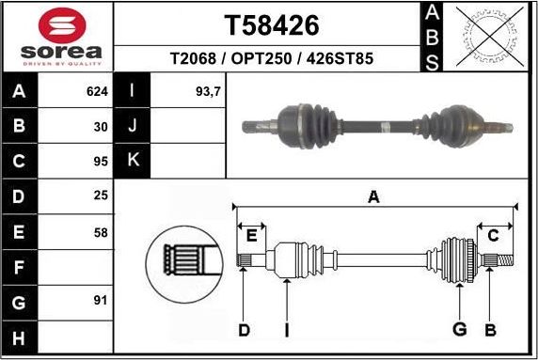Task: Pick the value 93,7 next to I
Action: [x=209, y=92]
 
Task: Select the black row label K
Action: [x=133, y=160]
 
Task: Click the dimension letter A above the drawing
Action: [x=373, y=196]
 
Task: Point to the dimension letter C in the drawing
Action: [x=493, y=236]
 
